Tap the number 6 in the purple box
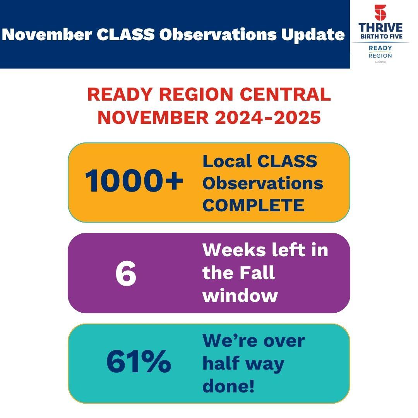click(126, 274)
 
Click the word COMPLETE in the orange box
click(253, 205)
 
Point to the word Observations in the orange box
click(263, 183)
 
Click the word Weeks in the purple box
click(231, 250)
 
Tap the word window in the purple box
click(240, 296)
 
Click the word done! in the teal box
click(228, 386)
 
